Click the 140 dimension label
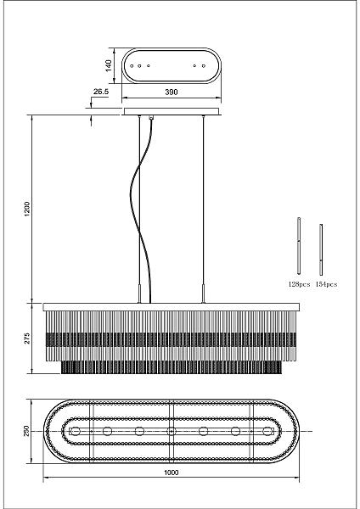(x=109, y=65)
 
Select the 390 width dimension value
(x=172, y=92)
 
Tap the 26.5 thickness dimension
(x=101, y=92)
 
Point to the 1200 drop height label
(x=27, y=209)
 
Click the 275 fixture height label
(x=27, y=338)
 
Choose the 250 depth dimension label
(x=27, y=431)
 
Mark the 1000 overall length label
(x=172, y=473)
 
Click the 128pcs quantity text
(x=299, y=284)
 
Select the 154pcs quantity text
(x=326, y=284)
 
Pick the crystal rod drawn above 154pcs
(x=321, y=249)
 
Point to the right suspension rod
(x=204, y=209)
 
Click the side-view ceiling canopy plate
(x=172, y=111)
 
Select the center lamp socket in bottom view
(x=172, y=431)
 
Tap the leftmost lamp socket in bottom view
(x=76, y=431)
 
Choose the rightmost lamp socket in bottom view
(x=267, y=431)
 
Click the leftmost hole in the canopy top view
(x=132, y=66)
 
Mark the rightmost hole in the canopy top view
(x=204, y=66)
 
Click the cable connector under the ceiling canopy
(x=150, y=118)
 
